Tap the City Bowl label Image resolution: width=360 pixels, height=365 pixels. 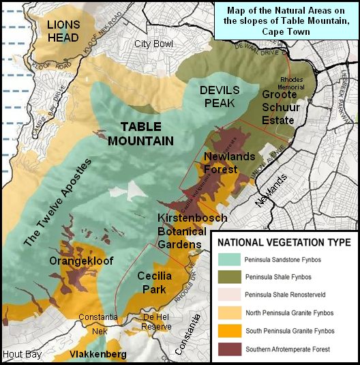153,44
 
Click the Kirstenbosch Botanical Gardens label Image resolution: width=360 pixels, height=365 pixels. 180,230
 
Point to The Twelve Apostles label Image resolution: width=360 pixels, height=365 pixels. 58,202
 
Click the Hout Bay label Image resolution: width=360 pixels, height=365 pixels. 22,355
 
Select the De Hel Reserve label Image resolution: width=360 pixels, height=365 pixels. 156,322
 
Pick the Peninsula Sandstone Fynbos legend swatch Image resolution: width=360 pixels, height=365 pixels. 233,259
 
